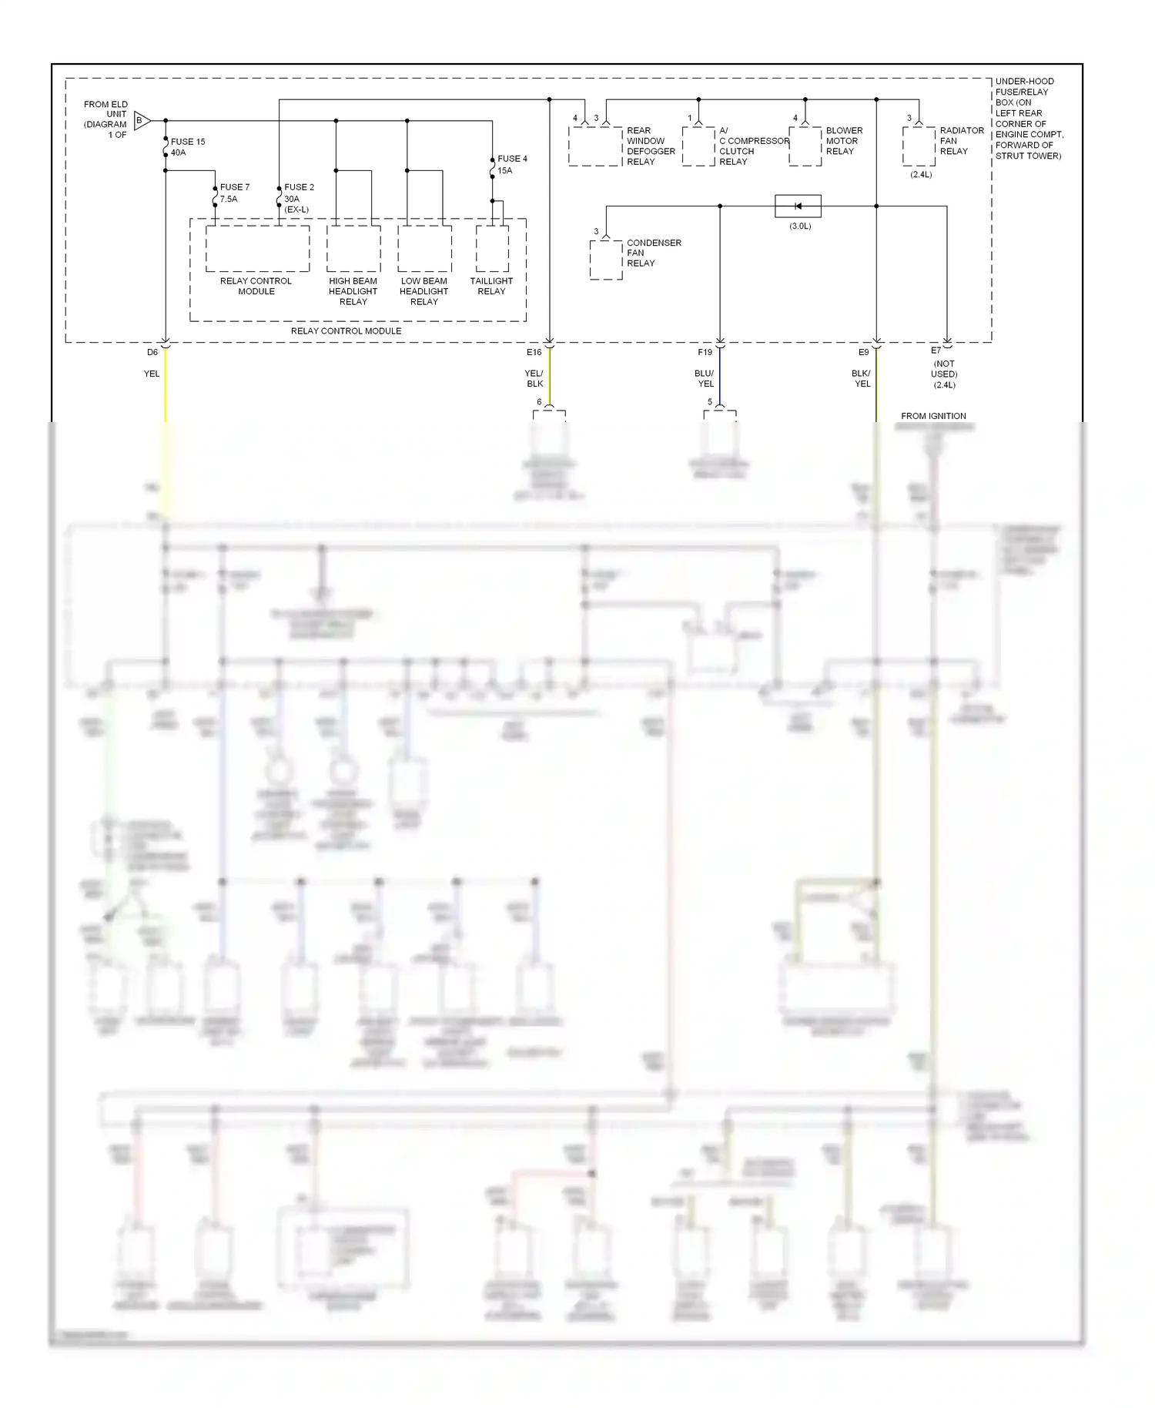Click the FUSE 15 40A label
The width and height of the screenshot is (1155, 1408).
[187, 147]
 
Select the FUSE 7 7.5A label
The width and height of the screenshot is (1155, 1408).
[234, 193]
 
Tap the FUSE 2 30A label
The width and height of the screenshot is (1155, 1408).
[298, 197]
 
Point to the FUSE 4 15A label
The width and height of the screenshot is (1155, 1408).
[511, 164]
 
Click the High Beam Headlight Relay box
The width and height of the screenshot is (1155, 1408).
[353, 248]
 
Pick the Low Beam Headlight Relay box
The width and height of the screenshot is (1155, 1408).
[424, 248]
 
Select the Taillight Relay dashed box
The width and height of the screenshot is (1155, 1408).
[492, 248]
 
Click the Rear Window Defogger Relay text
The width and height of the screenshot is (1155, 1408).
[650, 146]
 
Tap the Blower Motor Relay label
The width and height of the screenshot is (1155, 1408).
[843, 141]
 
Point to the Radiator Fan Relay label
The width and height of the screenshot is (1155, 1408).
[961, 141]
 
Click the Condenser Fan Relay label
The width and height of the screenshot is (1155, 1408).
[653, 253]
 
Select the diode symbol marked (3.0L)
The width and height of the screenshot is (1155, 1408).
[798, 206]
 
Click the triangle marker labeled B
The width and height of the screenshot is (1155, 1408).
[142, 121]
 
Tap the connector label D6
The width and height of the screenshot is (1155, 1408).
[152, 352]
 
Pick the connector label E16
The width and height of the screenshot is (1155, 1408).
[534, 352]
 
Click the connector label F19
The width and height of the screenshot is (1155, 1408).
[705, 352]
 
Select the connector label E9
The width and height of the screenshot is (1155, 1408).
[863, 352]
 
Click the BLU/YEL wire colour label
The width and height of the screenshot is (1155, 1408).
[705, 378]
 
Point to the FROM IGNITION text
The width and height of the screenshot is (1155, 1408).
[933, 416]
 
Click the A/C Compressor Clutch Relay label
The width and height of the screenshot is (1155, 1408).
[752, 146]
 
